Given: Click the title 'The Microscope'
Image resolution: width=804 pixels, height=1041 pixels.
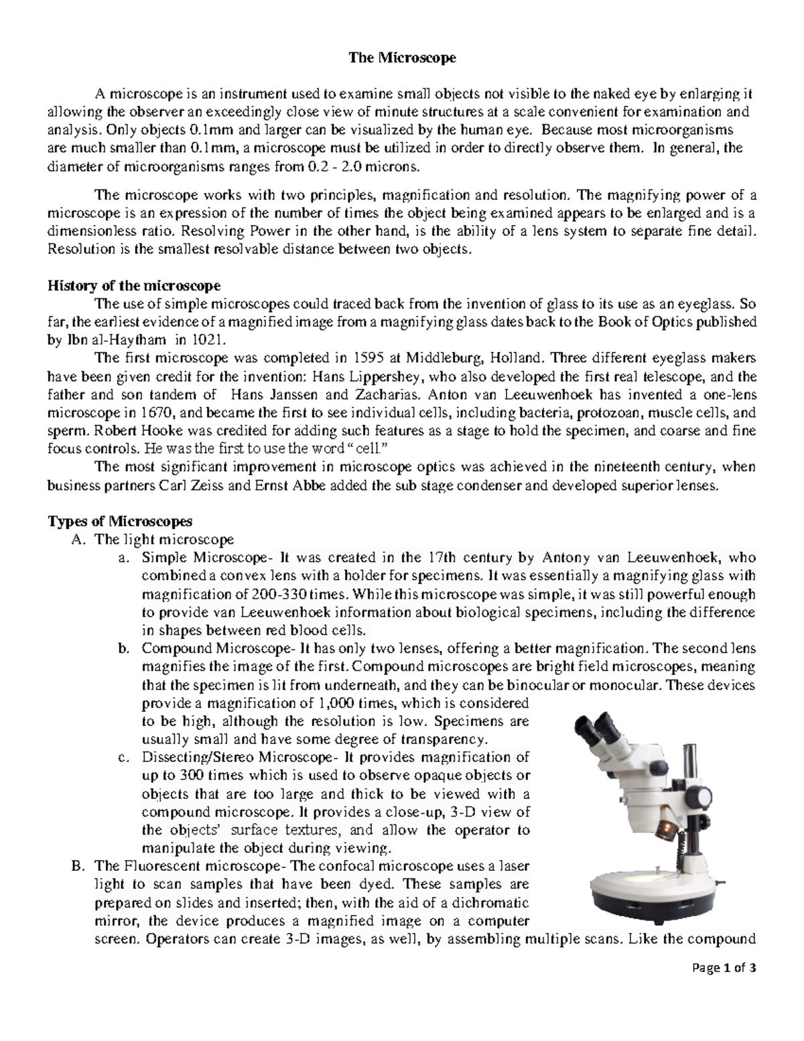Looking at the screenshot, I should pyautogui.click(x=401, y=58).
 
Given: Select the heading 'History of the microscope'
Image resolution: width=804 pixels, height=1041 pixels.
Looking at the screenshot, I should pyautogui.click(x=133, y=286).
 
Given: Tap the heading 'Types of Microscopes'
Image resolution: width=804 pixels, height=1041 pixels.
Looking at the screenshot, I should pyautogui.click(x=119, y=521).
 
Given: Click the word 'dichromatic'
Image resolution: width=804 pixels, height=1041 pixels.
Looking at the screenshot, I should pyautogui.click(x=490, y=902).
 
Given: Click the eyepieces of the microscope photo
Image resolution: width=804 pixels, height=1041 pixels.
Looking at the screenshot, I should pyautogui.click(x=596, y=731).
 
